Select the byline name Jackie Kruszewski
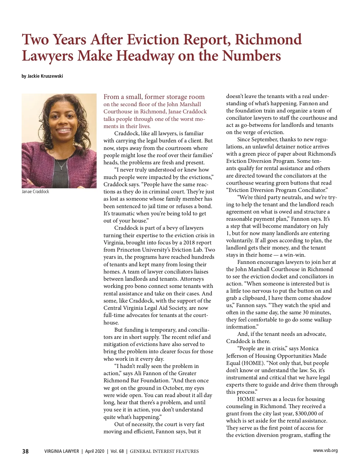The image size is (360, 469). tap(45, 76)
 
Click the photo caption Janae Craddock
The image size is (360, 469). tap(35, 192)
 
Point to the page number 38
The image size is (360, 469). tap(25, 451)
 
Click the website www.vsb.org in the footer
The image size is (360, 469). tap(325, 450)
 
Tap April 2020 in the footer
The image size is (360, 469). tap(94, 451)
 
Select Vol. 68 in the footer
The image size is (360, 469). tap(117, 451)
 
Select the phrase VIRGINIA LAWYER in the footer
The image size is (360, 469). tap(61, 451)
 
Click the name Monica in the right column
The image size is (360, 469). tap(309, 348)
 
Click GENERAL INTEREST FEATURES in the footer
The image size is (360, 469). tap(164, 451)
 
